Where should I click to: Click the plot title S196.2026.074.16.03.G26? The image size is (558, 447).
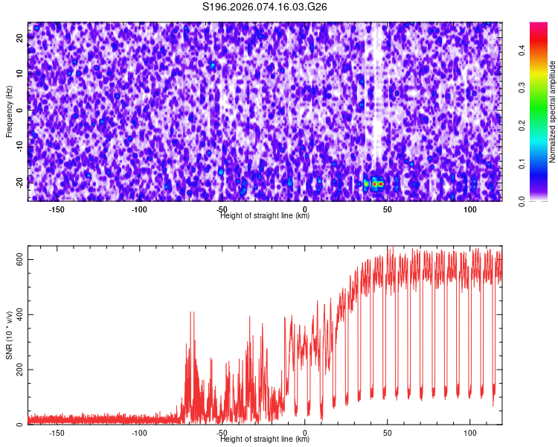click(266, 7)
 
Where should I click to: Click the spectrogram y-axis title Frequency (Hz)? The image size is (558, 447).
click(9, 111)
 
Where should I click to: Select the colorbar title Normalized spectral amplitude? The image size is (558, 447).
click(553, 112)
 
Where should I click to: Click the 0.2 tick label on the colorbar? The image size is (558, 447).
click(522, 126)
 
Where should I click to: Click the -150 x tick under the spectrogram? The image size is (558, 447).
click(57, 209)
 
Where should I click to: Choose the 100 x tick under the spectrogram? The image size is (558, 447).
click(469, 209)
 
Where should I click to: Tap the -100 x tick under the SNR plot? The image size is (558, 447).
click(139, 433)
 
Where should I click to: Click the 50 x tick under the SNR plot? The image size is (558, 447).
click(387, 433)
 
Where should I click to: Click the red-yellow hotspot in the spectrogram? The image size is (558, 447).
click(378, 183)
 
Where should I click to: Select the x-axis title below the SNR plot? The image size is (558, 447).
click(265, 440)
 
